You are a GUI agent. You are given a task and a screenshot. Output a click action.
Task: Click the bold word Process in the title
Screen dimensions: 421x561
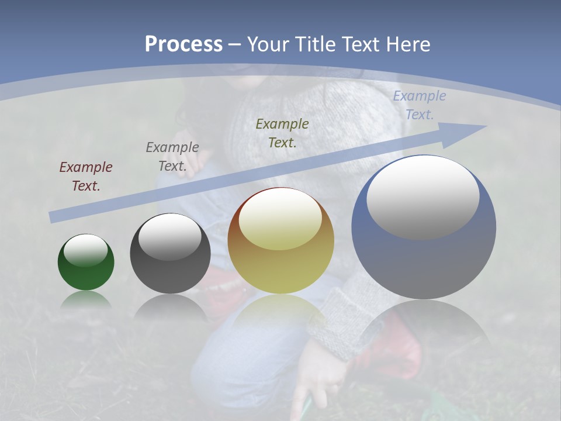(x=183, y=44)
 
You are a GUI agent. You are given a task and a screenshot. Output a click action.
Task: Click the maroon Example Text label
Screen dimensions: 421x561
(x=86, y=177)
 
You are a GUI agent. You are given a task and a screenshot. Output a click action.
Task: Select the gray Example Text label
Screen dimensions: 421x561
(x=172, y=157)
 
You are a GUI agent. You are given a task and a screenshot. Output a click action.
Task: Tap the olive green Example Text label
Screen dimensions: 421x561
(x=282, y=133)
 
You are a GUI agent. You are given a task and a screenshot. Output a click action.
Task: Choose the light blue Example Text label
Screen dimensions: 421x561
(x=419, y=105)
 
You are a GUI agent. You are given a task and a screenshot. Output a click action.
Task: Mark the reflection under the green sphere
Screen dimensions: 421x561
(x=86, y=300)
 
